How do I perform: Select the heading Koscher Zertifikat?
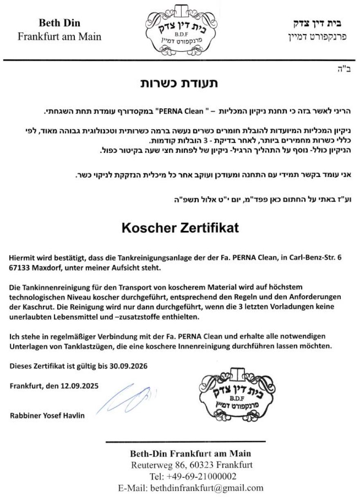pos(180,228)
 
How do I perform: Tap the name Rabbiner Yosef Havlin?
pos(47,416)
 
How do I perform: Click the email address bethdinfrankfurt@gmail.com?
pos(207,488)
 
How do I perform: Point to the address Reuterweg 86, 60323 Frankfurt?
pos(191,465)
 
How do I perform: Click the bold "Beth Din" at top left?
pos(59,23)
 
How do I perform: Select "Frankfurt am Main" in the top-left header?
pos(59,36)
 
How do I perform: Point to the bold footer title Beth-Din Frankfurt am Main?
pos(191,453)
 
